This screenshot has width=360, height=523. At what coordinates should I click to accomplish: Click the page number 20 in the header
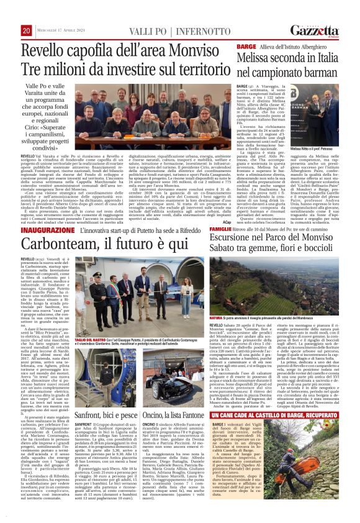27,31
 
